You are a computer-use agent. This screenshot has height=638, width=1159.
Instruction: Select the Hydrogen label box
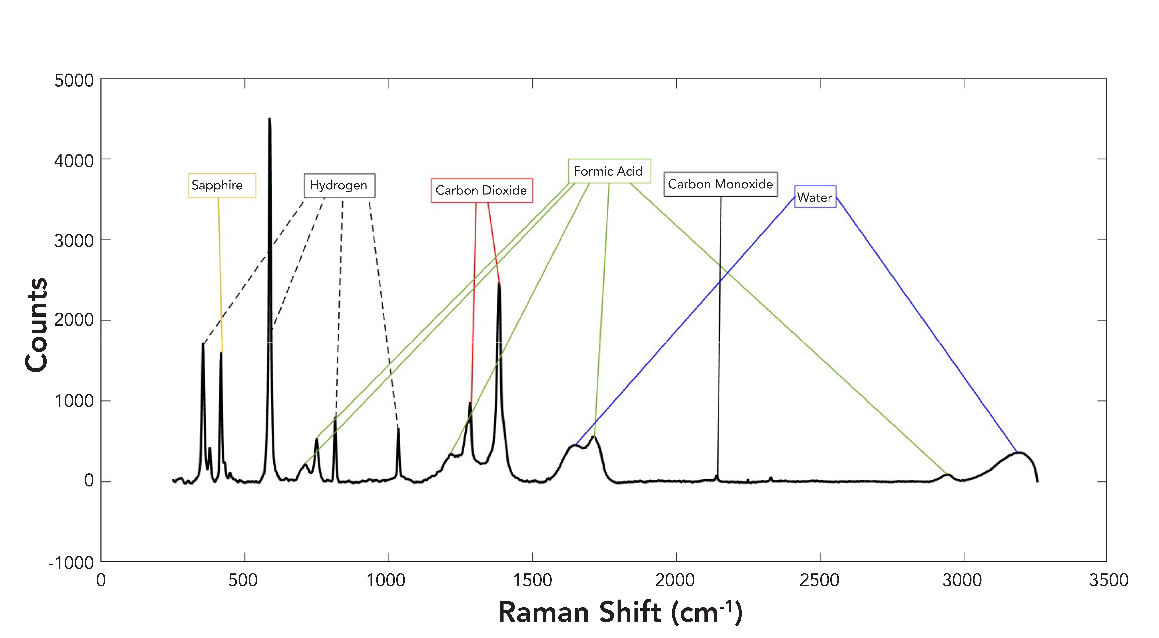coord(339,185)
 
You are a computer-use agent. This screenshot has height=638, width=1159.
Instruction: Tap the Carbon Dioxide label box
coord(481,190)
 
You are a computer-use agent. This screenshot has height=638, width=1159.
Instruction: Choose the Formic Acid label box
coord(609,171)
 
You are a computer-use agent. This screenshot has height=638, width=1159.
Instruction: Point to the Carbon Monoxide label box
coord(720,184)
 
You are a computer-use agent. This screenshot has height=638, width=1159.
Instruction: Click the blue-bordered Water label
coord(815,197)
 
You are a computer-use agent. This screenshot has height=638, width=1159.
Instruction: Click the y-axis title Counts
coord(37,325)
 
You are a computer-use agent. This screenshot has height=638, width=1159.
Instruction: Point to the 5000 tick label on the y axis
coord(74,81)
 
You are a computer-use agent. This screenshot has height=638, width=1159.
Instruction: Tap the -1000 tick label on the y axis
coord(71,563)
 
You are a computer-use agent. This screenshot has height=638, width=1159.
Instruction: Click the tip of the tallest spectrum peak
coord(270,119)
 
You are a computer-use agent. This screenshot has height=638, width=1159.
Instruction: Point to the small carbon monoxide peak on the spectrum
coord(716,476)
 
